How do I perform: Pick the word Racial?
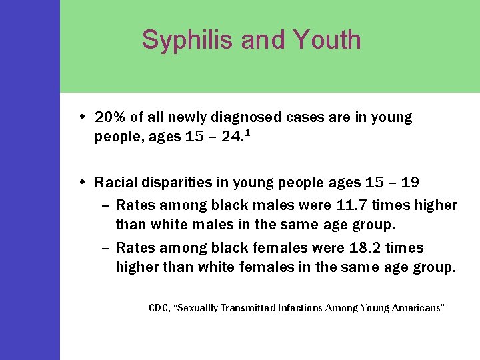click(115, 183)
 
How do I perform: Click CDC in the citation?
click(159, 308)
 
